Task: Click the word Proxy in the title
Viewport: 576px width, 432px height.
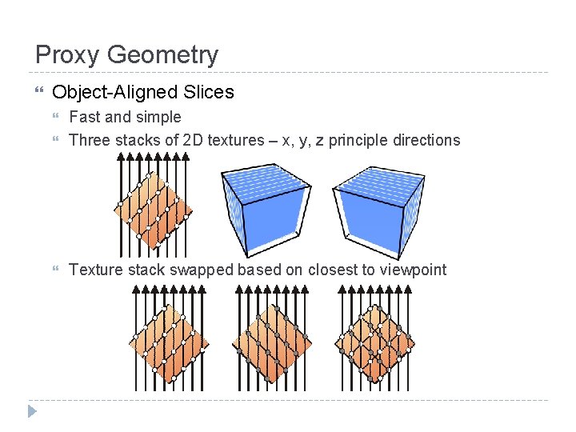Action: pos(67,55)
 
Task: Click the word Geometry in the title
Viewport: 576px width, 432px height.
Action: pos(162,55)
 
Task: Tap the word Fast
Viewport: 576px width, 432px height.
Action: pos(84,117)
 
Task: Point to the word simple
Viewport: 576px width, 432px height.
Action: pos(158,117)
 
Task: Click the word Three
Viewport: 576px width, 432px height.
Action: pos(90,140)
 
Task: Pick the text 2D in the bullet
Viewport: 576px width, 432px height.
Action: pos(193,140)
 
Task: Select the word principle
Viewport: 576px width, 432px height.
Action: pos(363,140)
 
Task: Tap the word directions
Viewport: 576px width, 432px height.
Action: pos(430,140)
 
